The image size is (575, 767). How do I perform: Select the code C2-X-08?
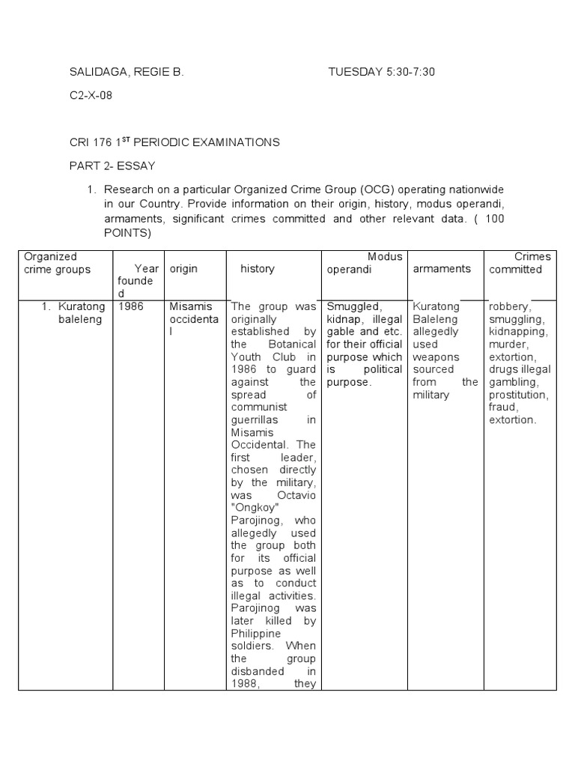click(91, 97)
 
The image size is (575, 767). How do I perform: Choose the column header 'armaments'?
click(442, 269)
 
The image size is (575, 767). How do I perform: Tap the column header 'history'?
click(257, 269)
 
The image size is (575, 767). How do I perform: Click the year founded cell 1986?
click(131, 306)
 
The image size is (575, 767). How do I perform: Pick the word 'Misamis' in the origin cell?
click(191, 306)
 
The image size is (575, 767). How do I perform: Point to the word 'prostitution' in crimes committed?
click(519, 395)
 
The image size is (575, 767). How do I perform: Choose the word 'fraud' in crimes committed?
click(503, 407)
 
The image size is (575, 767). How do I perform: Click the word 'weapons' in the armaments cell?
click(435, 357)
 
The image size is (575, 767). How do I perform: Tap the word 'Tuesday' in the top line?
click(353, 73)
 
